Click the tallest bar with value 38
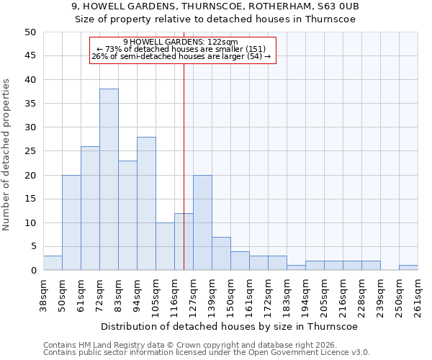coord(109,179)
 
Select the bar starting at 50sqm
coord(71,222)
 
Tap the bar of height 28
coord(146,203)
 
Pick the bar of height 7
coord(221,253)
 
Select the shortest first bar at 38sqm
coord(53,263)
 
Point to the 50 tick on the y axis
coord(30,32)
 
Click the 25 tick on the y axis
coord(30,151)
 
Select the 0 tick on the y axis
coord(33,271)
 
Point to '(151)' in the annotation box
coord(256,49)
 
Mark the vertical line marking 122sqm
coord(184,180)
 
